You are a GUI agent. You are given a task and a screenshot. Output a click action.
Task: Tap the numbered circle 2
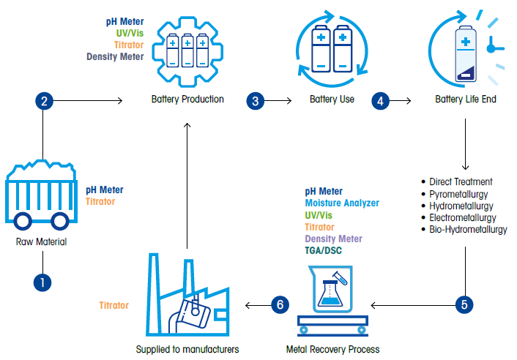tap(44, 101)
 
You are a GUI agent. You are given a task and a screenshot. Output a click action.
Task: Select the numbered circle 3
tap(256, 101)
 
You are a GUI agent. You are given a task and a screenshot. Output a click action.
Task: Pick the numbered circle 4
tap(380, 101)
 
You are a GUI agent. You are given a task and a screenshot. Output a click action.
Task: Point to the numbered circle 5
tap(464, 304)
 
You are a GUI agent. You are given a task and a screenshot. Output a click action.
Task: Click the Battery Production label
tap(187, 100)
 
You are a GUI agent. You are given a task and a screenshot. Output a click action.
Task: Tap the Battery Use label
tap(332, 100)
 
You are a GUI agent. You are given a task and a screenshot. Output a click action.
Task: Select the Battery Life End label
tap(466, 100)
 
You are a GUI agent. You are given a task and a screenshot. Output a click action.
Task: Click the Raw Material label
tap(41, 241)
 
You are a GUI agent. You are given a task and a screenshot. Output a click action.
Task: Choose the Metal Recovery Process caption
tap(332, 349)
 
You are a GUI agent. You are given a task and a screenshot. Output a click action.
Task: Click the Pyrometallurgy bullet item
tap(462, 194)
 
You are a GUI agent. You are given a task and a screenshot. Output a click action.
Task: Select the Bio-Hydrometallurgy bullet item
tap(468, 229)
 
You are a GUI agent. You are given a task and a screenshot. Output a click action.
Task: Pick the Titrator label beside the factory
tap(114, 305)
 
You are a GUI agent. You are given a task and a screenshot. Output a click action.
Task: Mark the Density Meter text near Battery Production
tap(115, 56)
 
